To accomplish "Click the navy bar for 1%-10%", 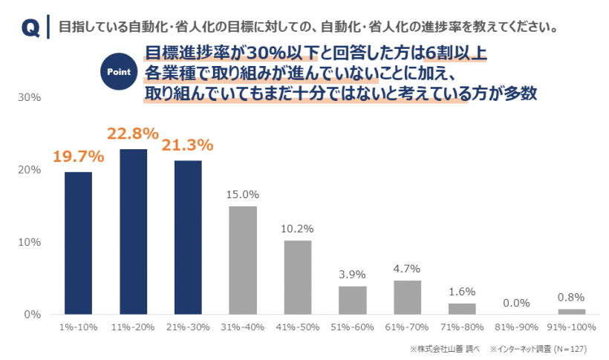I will click(x=79, y=243).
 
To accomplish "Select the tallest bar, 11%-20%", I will click(x=134, y=232).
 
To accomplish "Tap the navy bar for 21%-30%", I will click(x=188, y=238).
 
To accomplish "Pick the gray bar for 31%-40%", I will click(x=243, y=260).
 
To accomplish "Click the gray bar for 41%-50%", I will click(x=298, y=278).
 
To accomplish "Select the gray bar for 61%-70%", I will click(x=407, y=297).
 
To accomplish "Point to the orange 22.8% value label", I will click(x=133, y=134).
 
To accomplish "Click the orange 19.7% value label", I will click(x=78, y=156).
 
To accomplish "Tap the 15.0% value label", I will click(x=243, y=194).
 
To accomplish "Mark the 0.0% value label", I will click(x=516, y=302).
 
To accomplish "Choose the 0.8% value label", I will click(x=571, y=297).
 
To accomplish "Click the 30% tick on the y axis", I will click(x=29, y=97).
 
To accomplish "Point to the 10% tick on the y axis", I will click(x=29, y=242).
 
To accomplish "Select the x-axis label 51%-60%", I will click(x=352, y=327).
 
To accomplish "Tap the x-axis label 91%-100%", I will click(x=571, y=327).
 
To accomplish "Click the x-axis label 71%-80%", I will click(x=462, y=327).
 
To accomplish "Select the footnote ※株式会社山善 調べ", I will click(x=441, y=348).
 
